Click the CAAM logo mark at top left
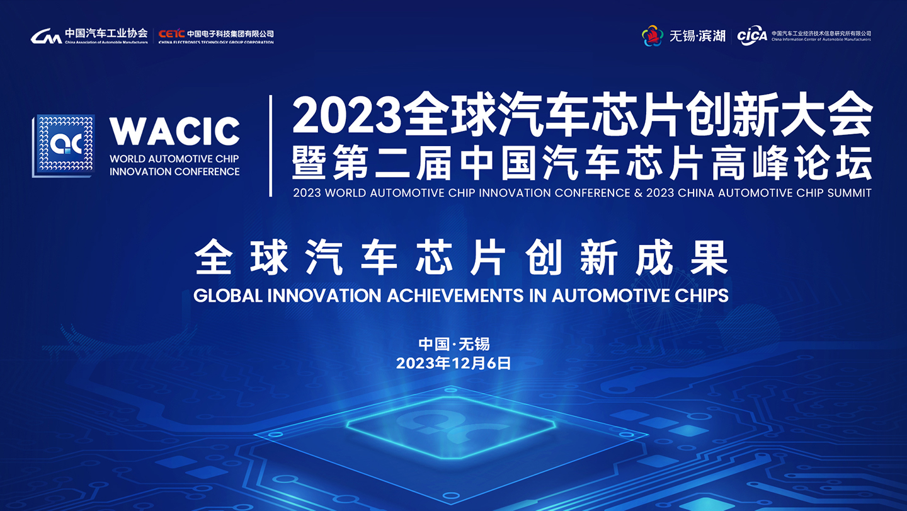[x=46, y=36]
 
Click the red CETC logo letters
[x=172, y=34]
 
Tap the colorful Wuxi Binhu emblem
[x=653, y=36]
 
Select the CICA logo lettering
[x=752, y=36]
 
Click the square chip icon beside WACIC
[x=64, y=146]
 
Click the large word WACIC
[x=174, y=131]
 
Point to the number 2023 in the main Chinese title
[x=346, y=115]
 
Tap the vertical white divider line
[x=270, y=146]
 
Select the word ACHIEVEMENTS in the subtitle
[x=455, y=296]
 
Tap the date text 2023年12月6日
[x=453, y=363]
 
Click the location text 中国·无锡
[x=454, y=344]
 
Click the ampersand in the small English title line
[x=638, y=193]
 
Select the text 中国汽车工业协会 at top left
[x=106, y=33]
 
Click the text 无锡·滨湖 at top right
[x=697, y=36]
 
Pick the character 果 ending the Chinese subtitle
[x=709, y=258]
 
